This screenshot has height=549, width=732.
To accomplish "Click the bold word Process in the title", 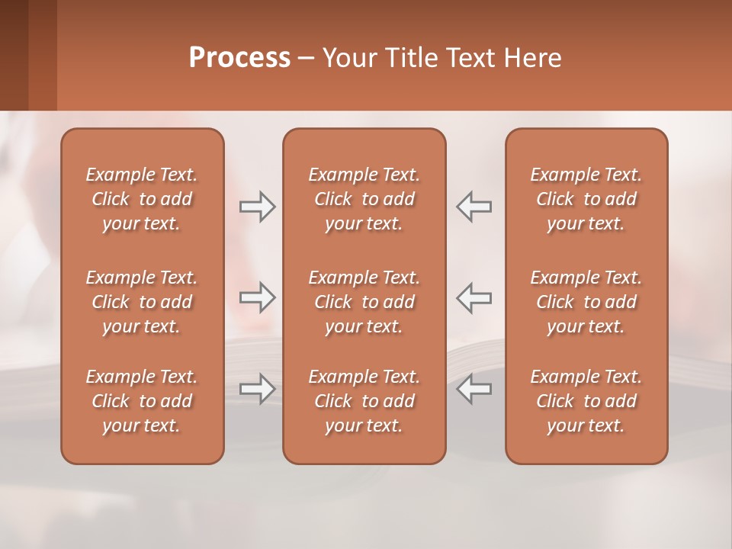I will coord(239,58).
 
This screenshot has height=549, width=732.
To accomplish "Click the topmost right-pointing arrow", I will coord(257,207).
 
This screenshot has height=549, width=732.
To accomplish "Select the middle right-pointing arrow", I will coord(257,297).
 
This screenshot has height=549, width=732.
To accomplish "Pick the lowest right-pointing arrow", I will coord(257,389).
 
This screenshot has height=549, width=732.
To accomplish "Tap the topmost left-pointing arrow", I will coord(474,207).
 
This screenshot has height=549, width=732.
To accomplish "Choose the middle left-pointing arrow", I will coord(474,297).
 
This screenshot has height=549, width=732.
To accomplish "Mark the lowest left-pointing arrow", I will coord(474,389).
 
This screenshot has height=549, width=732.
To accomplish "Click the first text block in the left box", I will coord(142,199).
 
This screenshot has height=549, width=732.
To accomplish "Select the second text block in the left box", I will coord(142,302).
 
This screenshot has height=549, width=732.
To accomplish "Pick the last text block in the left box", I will coord(142,401).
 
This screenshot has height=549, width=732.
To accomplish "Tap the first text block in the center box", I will coord(364,199).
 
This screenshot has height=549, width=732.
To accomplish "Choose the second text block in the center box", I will coord(364,302).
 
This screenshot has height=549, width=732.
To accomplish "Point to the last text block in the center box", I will coord(364,401).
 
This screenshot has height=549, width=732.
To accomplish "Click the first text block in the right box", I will coord(586,199).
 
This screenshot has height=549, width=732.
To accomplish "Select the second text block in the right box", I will coord(586,302).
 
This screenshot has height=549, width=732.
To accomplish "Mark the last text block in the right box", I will coord(586,401).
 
